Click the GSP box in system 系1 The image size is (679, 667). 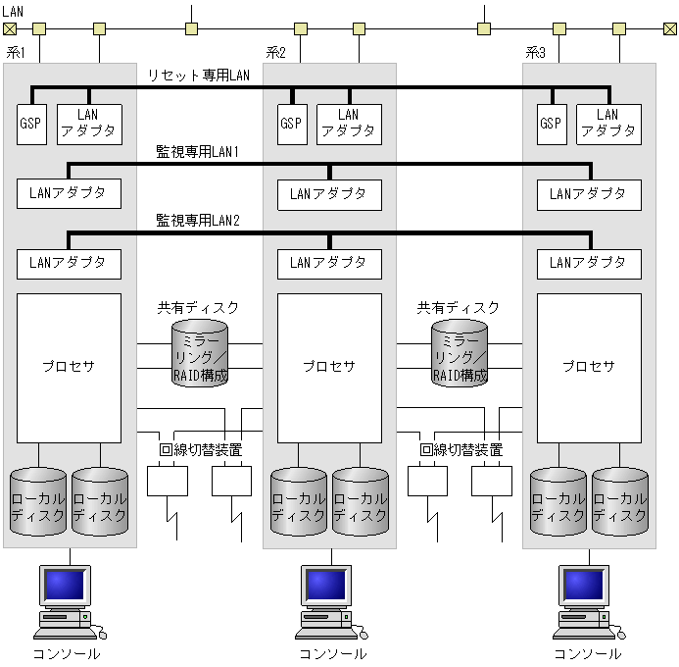click(31, 124)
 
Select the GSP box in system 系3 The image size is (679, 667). click(551, 124)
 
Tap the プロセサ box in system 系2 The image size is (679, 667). click(328, 367)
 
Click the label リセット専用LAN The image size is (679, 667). click(200, 76)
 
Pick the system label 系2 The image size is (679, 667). click(276, 52)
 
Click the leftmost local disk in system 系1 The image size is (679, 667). click(37, 502)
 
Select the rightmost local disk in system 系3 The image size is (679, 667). click(620, 502)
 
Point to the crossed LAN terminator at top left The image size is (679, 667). click(10, 28)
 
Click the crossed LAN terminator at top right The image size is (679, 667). click(669, 28)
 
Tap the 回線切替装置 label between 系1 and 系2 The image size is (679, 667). click(200, 450)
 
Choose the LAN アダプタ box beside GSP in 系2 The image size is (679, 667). click(349, 124)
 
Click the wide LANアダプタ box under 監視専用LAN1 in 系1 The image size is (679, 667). click(69, 193)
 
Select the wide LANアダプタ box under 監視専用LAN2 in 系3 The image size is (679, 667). click(588, 263)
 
